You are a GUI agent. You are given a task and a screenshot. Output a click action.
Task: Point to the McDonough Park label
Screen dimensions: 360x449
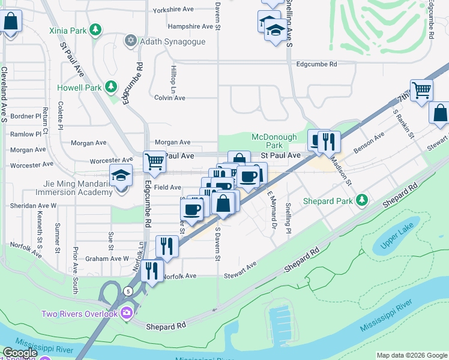click(x=267, y=141)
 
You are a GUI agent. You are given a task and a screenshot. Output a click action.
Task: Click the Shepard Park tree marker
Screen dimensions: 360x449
click(x=361, y=199)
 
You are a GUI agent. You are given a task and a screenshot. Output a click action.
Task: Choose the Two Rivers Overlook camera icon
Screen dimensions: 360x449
click(x=126, y=312)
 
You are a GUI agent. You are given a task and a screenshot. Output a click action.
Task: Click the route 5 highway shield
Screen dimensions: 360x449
click(x=128, y=291)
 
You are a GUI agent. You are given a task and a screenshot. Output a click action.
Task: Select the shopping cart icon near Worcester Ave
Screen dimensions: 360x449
click(x=155, y=161)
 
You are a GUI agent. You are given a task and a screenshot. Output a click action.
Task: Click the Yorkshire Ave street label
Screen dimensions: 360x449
click(x=173, y=10)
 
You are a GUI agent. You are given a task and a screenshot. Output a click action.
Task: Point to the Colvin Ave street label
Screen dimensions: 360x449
click(x=170, y=98)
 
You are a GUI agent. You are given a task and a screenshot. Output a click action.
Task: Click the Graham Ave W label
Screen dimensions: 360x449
click(x=107, y=259)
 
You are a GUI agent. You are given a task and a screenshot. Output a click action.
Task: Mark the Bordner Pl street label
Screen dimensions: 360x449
click(x=25, y=116)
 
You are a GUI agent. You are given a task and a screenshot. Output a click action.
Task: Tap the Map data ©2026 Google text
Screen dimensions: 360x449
click(x=412, y=355)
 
